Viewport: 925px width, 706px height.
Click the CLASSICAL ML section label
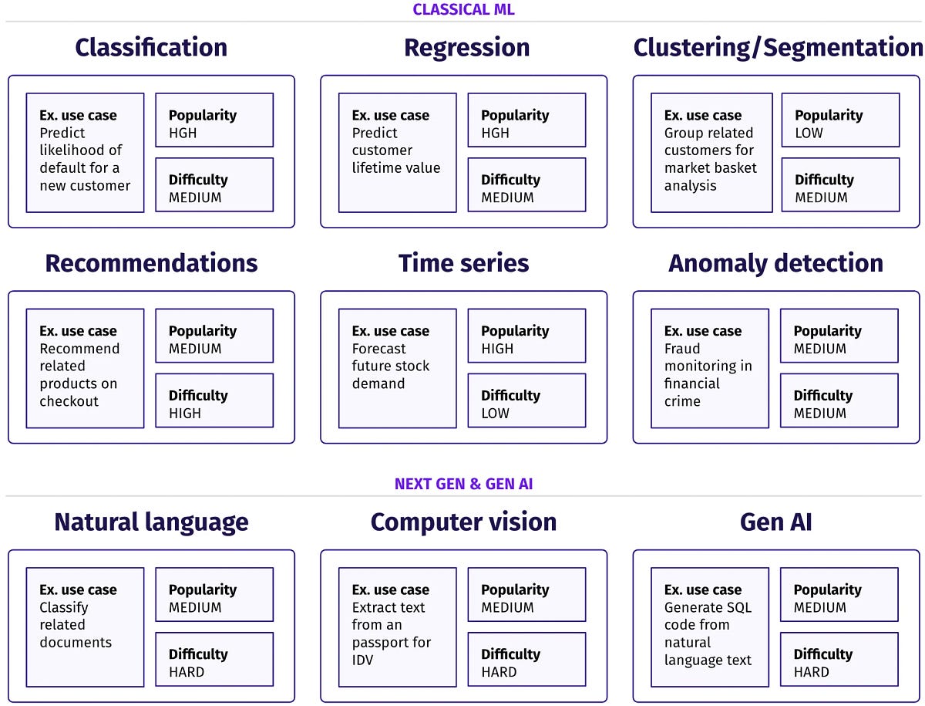463,9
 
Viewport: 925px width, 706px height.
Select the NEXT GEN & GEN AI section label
463,484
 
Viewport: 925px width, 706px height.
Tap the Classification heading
151,48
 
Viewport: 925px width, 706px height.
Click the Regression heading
466,48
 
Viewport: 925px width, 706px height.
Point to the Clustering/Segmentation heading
777,48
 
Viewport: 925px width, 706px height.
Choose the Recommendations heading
151,263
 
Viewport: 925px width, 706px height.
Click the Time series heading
463,263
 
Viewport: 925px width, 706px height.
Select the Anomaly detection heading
775,263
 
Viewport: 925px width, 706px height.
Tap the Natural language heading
151,522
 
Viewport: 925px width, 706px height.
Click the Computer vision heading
463,522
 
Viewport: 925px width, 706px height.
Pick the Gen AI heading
775,522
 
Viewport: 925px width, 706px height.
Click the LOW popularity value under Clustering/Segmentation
809,133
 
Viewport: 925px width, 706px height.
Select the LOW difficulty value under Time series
495,413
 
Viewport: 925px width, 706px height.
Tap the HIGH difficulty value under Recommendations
184,413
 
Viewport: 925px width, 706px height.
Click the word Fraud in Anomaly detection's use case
682,349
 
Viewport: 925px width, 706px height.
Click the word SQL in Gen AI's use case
735,607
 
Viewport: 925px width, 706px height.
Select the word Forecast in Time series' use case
379,349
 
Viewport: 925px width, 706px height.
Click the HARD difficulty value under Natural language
187,671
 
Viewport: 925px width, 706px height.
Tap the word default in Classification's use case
63,168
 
